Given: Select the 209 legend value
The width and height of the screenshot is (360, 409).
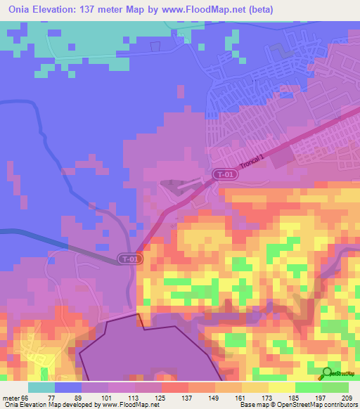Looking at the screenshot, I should tap(345, 398).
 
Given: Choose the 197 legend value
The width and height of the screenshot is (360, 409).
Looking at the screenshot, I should tap(320, 398).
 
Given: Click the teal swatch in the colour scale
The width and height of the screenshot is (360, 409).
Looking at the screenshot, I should tap(41, 387).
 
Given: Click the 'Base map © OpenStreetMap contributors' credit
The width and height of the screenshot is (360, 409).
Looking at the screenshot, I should tap(297, 405).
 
